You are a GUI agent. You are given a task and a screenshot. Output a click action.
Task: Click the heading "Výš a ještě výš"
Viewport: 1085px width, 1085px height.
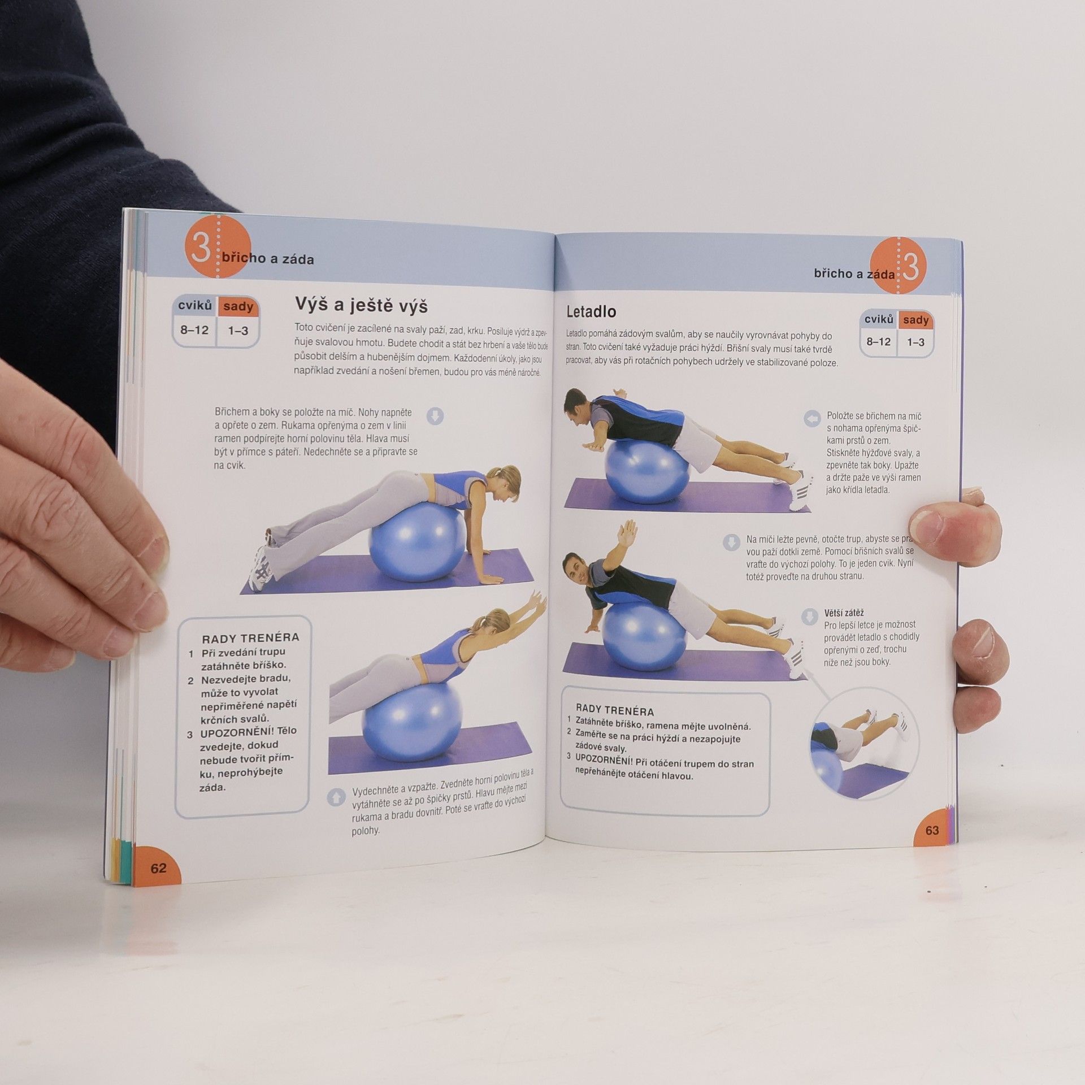(x=361, y=305)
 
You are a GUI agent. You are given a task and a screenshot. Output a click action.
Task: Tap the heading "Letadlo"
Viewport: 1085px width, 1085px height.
(x=591, y=311)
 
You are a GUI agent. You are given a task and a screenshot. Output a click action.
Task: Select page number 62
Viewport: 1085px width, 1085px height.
(x=158, y=868)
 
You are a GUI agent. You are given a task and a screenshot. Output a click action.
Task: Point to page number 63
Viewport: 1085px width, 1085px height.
(x=932, y=831)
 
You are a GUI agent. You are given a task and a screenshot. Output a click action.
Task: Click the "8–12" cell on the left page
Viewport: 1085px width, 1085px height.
(x=194, y=330)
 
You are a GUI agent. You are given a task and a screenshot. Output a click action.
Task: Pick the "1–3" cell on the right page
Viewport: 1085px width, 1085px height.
(x=915, y=342)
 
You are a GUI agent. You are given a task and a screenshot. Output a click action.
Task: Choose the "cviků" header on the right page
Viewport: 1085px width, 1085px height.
(x=879, y=320)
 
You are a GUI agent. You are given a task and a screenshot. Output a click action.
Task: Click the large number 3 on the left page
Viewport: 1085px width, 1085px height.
(x=200, y=249)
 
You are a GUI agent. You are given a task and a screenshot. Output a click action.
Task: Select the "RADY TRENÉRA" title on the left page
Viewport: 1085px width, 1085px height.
(x=250, y=639)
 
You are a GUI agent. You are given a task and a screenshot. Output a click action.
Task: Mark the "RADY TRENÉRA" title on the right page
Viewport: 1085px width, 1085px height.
(x=615, y=711)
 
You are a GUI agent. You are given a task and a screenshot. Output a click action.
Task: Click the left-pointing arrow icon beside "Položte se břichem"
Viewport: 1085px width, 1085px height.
(x=811, y=419)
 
